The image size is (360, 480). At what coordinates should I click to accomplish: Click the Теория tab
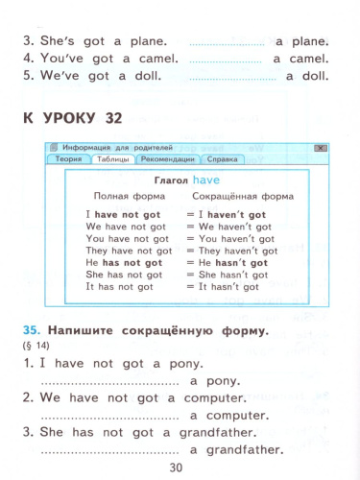68,159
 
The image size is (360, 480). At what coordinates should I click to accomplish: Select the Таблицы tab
113,159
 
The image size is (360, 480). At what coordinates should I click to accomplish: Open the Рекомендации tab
168,159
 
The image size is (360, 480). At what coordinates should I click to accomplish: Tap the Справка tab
222,159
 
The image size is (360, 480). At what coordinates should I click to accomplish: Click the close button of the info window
321,148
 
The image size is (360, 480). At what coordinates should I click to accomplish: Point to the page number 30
176,468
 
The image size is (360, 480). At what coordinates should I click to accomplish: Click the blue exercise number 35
32,330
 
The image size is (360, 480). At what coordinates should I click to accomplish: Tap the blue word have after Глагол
206,180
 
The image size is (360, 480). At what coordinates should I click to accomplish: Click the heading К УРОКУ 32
73,118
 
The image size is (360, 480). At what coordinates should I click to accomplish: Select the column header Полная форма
130,196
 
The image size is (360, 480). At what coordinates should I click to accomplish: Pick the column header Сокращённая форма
243,196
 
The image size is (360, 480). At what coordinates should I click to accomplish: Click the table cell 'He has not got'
124,263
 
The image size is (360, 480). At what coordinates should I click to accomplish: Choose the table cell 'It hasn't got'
228,287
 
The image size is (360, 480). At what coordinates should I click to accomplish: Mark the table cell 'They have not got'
129,251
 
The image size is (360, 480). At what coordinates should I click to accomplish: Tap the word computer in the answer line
237,416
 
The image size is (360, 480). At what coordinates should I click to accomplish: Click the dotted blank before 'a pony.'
110,384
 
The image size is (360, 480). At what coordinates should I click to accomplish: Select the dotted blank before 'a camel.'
226,61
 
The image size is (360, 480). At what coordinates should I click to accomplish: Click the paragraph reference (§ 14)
36,346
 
